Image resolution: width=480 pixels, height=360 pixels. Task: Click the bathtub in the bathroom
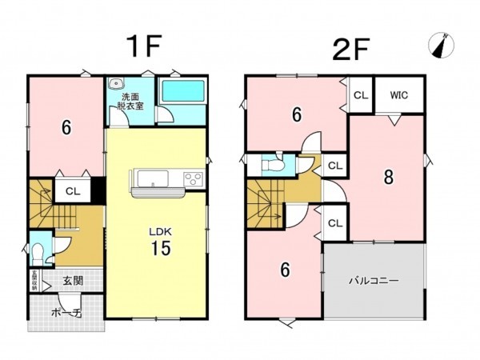(183, 91)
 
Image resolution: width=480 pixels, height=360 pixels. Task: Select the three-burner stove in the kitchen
(194, 178)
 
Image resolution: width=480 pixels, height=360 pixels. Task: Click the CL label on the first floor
(72, 191)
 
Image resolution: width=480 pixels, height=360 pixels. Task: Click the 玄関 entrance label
(74, 281)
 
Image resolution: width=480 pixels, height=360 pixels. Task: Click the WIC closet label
(400, 94)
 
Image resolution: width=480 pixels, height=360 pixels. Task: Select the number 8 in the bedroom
(388, 178)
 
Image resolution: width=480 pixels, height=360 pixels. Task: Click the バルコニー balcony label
(373, 281)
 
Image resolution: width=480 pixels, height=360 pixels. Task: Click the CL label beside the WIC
(361, 94)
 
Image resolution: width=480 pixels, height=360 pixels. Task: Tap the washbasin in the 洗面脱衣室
(117, 82)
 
